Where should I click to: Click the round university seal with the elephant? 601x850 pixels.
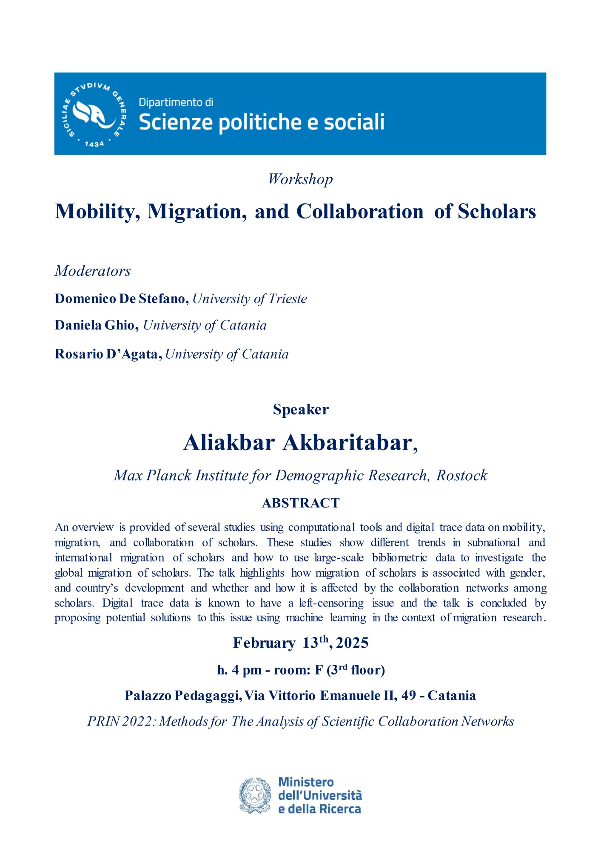point(94,113)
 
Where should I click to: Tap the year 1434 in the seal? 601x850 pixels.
point(94,144)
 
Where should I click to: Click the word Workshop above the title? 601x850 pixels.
point(300,179)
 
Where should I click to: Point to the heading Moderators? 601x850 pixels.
point(93,271)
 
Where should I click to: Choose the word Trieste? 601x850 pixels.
point(288,299)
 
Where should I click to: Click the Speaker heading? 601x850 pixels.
point(301,409)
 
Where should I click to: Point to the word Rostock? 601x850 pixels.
point(462,476)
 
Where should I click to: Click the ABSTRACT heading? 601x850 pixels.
point(301,503)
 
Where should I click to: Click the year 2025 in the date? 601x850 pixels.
point(352,643)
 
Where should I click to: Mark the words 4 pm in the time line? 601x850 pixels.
point(246,670)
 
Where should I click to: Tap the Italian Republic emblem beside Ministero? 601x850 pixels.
point(255,795)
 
